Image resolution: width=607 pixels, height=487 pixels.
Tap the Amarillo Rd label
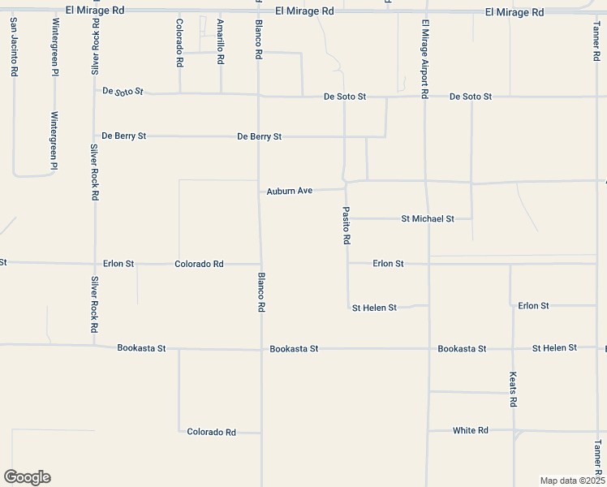220,42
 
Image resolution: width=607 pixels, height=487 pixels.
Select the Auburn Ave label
290,192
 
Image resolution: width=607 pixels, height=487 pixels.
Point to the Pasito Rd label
346,226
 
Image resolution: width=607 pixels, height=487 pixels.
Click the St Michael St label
428,219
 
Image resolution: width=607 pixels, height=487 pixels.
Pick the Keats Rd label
513,390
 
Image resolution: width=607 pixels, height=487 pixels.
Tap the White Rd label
471,430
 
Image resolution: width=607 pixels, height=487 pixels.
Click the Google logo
27,477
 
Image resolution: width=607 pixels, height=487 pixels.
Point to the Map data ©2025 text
572,481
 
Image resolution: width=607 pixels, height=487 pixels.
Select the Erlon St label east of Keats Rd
533,306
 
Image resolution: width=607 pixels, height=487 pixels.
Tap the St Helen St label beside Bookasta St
554,348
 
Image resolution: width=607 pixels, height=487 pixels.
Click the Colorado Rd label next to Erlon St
199,264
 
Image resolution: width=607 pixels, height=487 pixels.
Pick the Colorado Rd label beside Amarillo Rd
179,42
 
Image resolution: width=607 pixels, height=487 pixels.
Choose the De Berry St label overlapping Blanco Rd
259,136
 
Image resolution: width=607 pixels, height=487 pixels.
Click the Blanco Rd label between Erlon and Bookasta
261,292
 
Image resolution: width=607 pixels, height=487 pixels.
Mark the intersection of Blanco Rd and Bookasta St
261,349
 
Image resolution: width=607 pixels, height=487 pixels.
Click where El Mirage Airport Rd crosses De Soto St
425,97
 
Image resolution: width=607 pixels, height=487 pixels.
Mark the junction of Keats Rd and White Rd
513,430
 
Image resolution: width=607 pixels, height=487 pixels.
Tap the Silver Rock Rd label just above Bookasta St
94,304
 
